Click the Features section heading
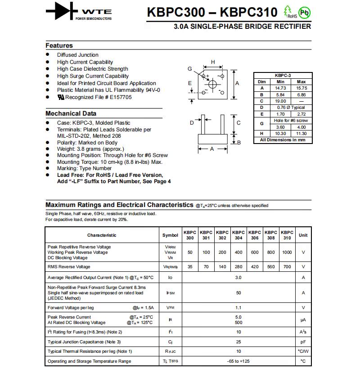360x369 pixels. pos(59,45)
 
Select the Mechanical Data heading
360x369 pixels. pos(71,113)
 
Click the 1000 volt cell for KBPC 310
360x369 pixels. pos(287,252)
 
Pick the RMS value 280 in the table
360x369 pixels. pos(238,267)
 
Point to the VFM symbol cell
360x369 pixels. pos(170,308)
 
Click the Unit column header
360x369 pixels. pos(303,235)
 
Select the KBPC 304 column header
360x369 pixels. pos(238,235)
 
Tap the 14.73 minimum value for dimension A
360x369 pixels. pos(280,88)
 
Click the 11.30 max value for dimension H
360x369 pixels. pos(301,134)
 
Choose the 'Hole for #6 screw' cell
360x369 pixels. pos(291,121)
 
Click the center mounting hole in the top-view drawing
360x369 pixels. pos(213,84)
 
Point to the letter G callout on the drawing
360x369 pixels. pos(190,69)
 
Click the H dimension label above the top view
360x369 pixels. pos(213,62)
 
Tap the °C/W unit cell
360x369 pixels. pos(303,351)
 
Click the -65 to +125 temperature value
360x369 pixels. pos(238,361)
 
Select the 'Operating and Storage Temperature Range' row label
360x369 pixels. pos(90,361)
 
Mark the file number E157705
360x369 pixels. pos(120,97)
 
